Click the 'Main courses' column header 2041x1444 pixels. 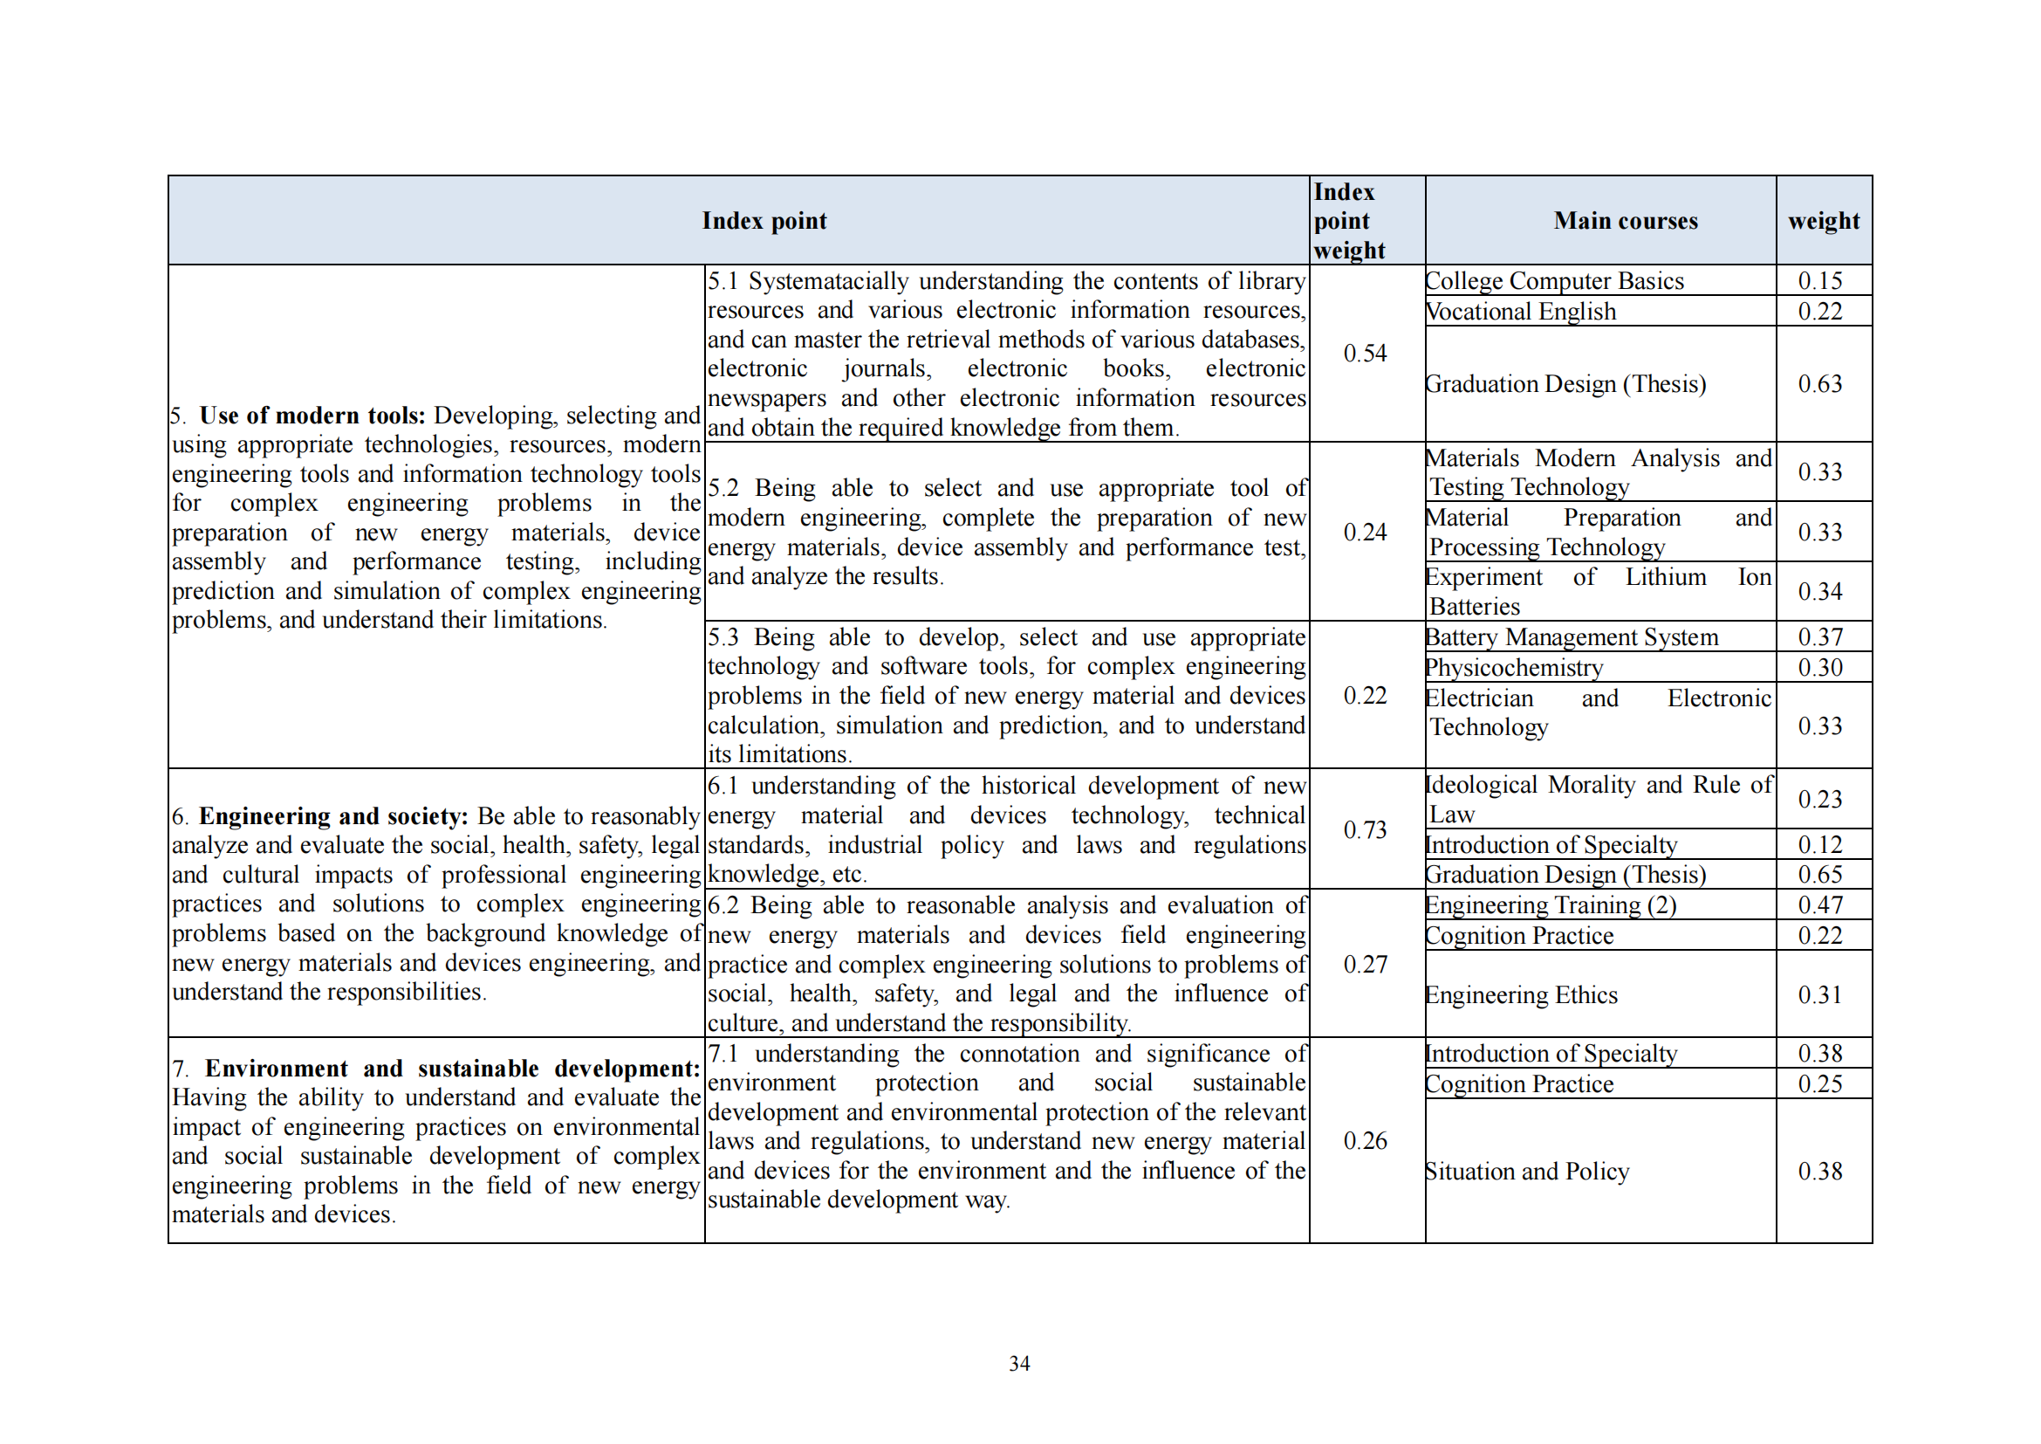1625,221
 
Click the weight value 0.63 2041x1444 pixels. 1819,384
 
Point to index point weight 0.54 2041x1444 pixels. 1365,354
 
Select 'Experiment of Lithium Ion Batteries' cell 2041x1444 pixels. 1598,591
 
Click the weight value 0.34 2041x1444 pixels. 1819,591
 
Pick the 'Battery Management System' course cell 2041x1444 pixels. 1571,637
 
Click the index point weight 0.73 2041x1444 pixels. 1365,829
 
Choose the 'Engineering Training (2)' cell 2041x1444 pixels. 1551,905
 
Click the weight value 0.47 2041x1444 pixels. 1819,905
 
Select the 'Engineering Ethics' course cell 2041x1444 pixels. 1521,995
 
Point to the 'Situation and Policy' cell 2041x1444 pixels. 1526,1171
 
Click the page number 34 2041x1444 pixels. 1019,1363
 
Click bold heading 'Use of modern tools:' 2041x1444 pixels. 312,416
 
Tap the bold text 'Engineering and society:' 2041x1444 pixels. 333,816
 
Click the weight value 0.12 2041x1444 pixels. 1819,845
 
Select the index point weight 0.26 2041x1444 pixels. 1365,1141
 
